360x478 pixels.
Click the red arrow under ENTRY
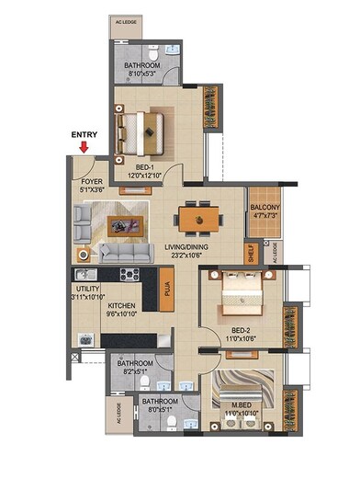[84, 145]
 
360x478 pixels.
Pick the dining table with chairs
[199, 218]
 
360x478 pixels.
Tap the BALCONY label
[266, 208]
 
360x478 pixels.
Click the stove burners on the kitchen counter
[129, 273]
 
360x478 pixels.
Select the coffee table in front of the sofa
[122, 224]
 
